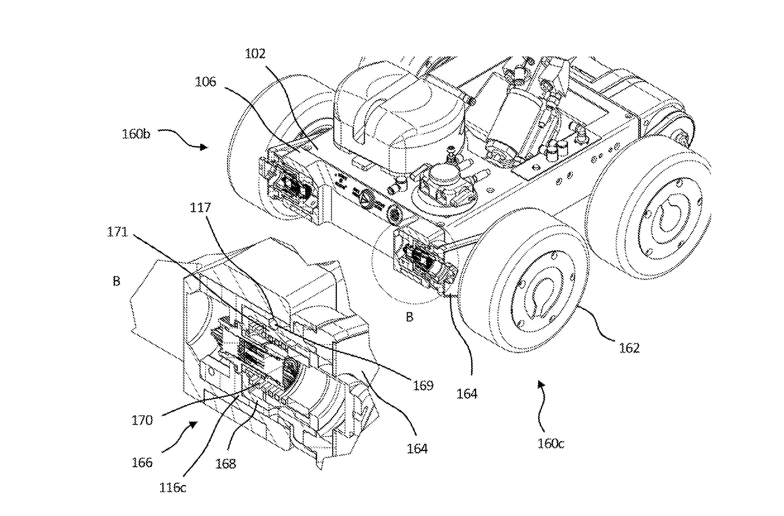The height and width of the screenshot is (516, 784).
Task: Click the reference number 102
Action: click(255, 54)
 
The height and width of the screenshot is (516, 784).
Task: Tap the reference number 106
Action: click(205, 82)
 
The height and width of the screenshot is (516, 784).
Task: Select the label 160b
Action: click(136, 134)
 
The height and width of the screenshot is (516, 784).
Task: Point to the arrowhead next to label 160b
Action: click(205, 147)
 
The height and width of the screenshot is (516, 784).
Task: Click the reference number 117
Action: click(200, 208)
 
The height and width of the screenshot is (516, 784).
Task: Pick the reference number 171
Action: click(117, 232)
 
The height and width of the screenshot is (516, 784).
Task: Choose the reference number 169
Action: click(423, 385)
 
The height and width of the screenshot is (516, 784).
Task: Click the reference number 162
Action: click(629, 348)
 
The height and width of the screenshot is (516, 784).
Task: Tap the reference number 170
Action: click(142, 420)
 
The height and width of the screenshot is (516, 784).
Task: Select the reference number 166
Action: click(142, 463)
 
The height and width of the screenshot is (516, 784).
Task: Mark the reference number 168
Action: click(225, 464)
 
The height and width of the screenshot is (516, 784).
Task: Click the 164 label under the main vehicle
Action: click(466, 394)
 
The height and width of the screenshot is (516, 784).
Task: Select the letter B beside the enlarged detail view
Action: click(116, 281)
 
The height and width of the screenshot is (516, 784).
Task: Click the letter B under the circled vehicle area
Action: click(409, 317)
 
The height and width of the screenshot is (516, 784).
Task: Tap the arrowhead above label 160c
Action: click(540, 384)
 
